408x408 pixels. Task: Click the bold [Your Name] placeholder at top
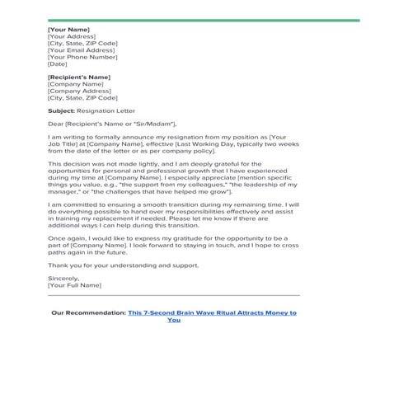pyautogui.click(x=68, y=30)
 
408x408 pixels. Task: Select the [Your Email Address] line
pyautogui.click(x=81, y=49)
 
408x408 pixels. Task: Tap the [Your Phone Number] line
pyautogui.click(x=82, y=56)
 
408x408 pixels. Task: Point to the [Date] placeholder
pyautogui.click(x=58, y=63)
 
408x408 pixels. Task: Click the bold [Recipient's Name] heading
pyautogui.click(x=78, y=77)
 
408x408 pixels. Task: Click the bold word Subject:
pyautogui.click(x=61, y=110)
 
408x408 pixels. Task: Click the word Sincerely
pyautogui.click(x=64, y=278)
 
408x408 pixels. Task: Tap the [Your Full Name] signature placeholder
pyautogui.click(x=75, y=285)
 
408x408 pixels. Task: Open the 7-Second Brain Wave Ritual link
pyautogui.click(x=212, y=313)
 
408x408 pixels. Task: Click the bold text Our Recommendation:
pyautogui.click(x=88, y=313)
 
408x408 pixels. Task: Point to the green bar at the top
pyautogui.click(x=204, y=20)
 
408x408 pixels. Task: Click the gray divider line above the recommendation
pyautogui.click(x=173, y=295)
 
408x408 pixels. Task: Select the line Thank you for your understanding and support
pyautogui.click(x=123, y=265)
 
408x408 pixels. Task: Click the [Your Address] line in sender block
pyautogui.click(x=71, y=36)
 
